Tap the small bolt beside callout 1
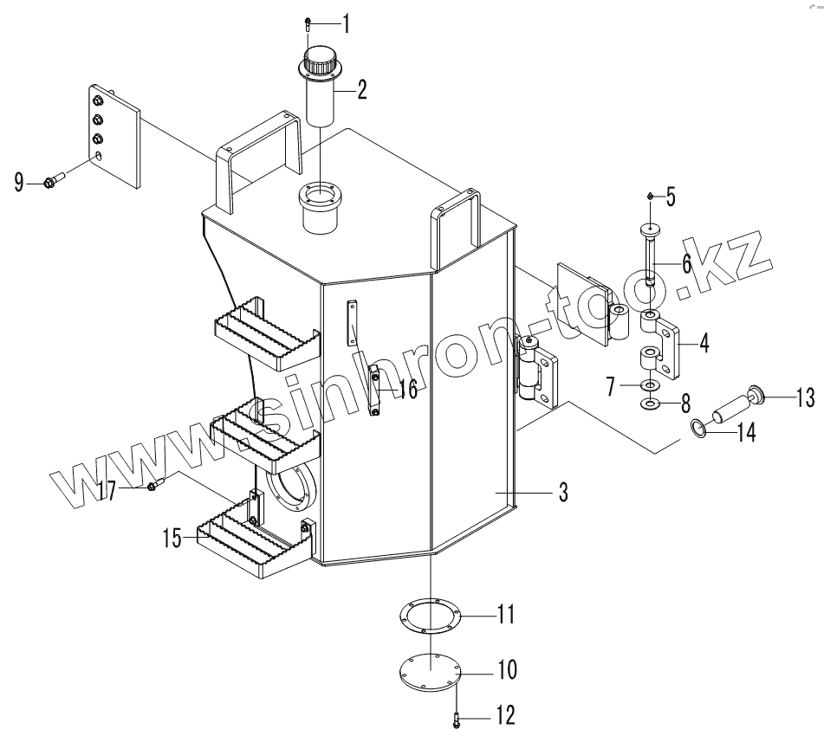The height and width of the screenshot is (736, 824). click(x=309, y=23)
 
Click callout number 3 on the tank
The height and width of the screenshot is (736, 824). click(x=562, y=493)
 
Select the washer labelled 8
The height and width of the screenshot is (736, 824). click(x=649, y=403)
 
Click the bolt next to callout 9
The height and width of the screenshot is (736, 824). click(x=49, y=182)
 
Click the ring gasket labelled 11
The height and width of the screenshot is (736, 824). click(x=431, y=617)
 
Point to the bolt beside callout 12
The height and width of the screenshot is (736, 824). click(x=457, y=717)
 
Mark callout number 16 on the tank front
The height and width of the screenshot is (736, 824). click(x=407, y=389)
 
